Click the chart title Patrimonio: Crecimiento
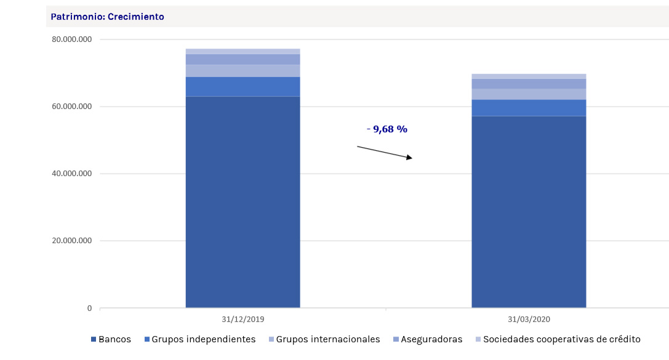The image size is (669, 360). (107, 17)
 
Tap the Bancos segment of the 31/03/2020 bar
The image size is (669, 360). (529, 212)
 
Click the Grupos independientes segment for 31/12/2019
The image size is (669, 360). (242, 86)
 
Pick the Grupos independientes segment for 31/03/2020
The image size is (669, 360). (529, 108)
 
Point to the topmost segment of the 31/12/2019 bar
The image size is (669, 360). (242, 51)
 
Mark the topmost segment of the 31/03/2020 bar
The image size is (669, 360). (529, 76)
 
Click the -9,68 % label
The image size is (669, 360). (387, 129)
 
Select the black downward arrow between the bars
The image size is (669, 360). (385, 153)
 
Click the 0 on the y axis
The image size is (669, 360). (89, 308)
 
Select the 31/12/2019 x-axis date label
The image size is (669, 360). (242, 319)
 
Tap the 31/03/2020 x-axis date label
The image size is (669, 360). (529, 319)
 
